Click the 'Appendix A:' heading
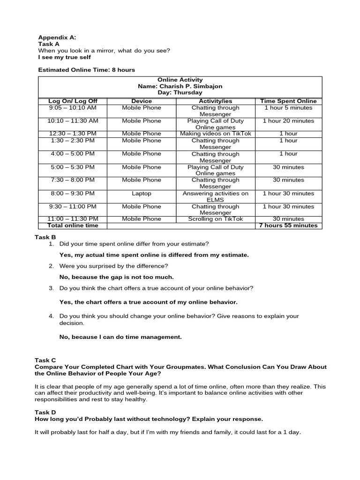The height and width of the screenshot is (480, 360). point(57,37)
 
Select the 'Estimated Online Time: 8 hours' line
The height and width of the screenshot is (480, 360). point(86,70)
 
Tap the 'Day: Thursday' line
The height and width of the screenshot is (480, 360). point(180,93)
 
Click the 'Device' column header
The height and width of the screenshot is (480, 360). point(142,101)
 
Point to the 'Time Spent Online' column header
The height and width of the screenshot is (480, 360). point(288,101)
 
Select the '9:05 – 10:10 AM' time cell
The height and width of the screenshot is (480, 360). point(73,107)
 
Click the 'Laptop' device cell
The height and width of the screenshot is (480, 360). point(142,193)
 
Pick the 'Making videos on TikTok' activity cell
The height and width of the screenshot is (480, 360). point(216,134)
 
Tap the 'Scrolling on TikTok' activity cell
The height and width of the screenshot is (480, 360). point(216,219)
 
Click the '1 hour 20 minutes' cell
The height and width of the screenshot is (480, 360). point(288,120)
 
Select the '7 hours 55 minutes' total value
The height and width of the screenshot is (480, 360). point(288,225)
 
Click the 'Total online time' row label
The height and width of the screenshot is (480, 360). point(73,225)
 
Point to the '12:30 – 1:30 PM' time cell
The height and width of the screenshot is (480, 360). point(73,134)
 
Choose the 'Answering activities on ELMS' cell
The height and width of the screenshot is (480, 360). point(216,196)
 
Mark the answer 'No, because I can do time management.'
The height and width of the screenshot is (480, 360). point(120,337)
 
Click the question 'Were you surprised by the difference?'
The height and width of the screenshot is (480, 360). point(113,266)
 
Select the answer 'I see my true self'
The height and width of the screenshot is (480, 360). point(65,57)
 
